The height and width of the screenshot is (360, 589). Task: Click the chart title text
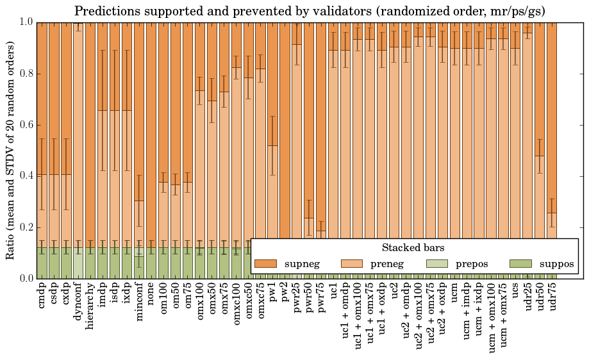310,11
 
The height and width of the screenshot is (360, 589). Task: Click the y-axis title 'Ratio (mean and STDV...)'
11,151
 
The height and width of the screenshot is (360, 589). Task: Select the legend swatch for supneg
265,264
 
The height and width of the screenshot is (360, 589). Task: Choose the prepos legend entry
471,264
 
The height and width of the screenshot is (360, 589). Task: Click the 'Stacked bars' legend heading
413,248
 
